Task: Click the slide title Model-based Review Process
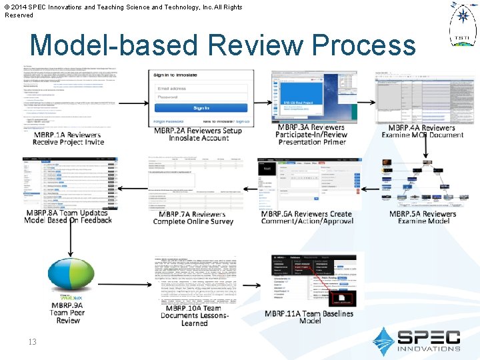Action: (x=223, y=45)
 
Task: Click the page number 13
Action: (x=32, y=342)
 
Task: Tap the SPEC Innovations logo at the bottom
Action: (x=417, y=339)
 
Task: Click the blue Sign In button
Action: (x=201, y=108)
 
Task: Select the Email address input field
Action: (x=201, y=88)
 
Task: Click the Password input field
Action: (x=201, y=97)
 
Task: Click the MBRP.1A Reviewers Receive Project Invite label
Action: (x=67, y=138)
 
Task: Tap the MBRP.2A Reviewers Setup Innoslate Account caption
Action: (x=197, y=134)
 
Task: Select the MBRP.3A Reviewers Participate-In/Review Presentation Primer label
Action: (x=311, y=134)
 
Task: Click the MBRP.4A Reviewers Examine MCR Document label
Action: (x=422, y=131)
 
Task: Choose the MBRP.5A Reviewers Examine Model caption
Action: (x=423, y=217)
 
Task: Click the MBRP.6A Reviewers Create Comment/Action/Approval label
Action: (x=306, y=217)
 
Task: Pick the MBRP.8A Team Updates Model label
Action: (x=68, y=217)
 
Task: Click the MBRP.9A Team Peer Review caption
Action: (x=67, y=313)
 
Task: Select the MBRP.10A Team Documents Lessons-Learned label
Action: (x=195, y=315)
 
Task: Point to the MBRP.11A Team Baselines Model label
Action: (x=309, y=317)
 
